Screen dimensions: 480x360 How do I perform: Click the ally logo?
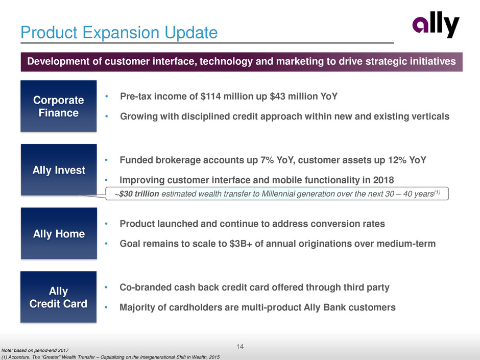pos(436,25)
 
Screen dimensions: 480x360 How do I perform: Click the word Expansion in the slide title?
pos(121,33)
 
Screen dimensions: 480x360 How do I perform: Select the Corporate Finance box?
pos(59,106)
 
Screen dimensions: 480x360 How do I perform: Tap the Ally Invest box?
pos(59,170)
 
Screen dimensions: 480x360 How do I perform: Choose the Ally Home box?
pos(59,233)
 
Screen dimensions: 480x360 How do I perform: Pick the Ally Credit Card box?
pos(59,297)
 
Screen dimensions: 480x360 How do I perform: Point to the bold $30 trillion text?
pos(139,194)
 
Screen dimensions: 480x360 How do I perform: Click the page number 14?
pos(240,347)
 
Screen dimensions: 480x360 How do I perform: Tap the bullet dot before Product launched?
pos(106,224)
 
